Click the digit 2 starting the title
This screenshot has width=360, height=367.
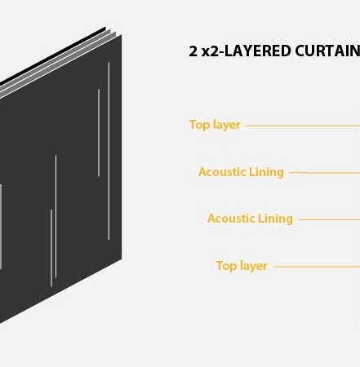[193, 51]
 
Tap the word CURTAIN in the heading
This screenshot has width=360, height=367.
[327, 51]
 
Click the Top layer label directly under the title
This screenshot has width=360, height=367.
[215, 125]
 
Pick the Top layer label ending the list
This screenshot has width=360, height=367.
[242, 266]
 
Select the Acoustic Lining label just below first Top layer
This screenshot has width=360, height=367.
[241, 172]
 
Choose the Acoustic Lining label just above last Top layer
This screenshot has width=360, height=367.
[250, 219]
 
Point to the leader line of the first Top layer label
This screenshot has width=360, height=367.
[302, 126]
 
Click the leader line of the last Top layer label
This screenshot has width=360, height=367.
[317, 267]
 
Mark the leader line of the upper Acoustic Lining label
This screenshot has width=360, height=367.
[325, 172]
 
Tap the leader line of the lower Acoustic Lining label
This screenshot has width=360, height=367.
[329, 219]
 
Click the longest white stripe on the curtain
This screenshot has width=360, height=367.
[109, 151]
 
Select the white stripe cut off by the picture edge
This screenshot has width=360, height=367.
[1, 227]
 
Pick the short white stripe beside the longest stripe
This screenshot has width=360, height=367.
[99, 133]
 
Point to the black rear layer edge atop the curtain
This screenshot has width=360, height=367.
[53, 55]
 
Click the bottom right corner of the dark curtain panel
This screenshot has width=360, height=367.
[122, 259]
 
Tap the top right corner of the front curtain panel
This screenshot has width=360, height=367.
[122, 34]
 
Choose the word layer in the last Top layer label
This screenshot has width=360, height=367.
[254, 267]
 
